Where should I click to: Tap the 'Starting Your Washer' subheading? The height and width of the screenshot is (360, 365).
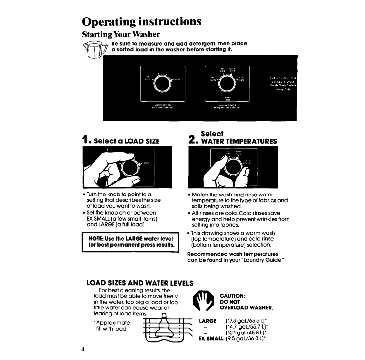click(121, 34)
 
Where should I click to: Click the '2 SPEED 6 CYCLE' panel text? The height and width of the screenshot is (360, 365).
click(283, 82)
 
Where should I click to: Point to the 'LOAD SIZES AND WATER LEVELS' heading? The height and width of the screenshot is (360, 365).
click(140, 283)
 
